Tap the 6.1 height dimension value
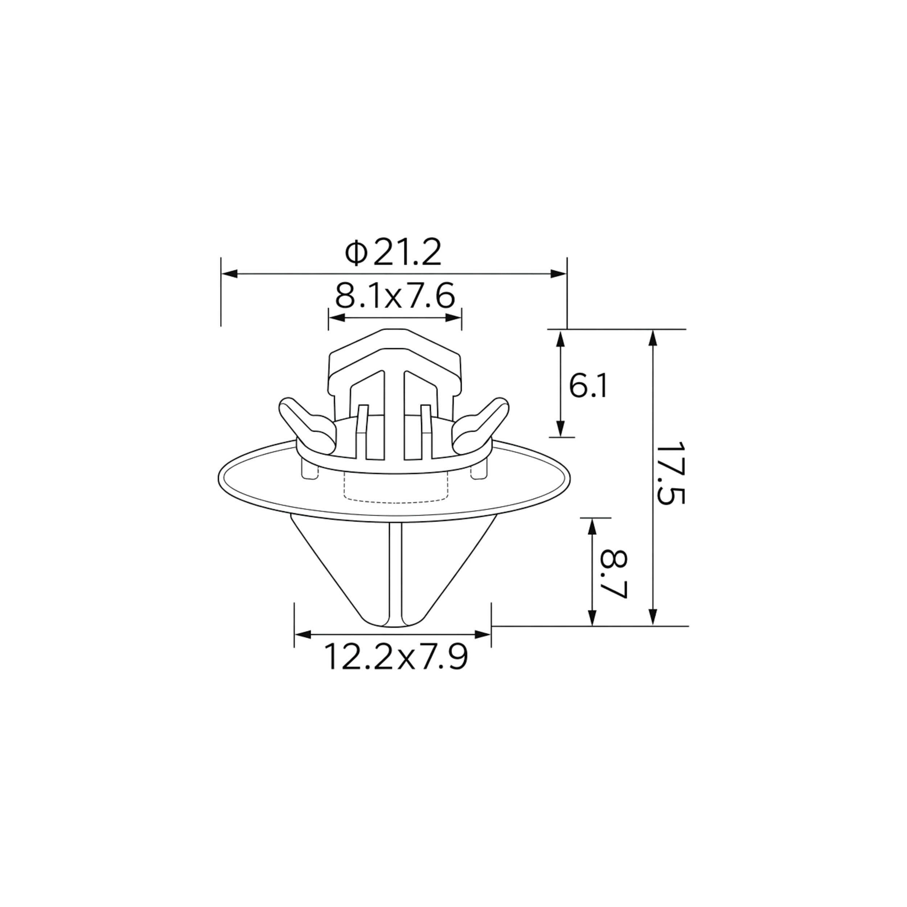tap(588, 386)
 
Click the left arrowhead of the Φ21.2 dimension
tap(229, 274)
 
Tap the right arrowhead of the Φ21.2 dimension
tap(559, 274)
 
